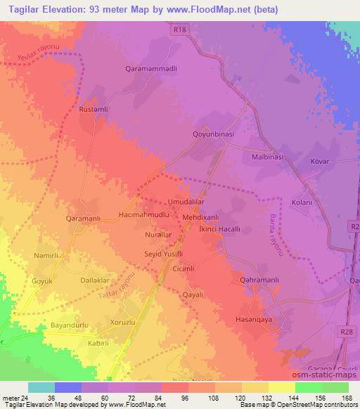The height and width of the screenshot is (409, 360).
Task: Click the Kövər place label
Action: (x=320, y=162)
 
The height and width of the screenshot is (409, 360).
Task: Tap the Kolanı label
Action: (x=302, y=203)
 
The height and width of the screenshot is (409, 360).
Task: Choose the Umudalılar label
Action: (x=186, y=201)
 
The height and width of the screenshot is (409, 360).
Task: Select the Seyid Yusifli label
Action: (x=164, y=253)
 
